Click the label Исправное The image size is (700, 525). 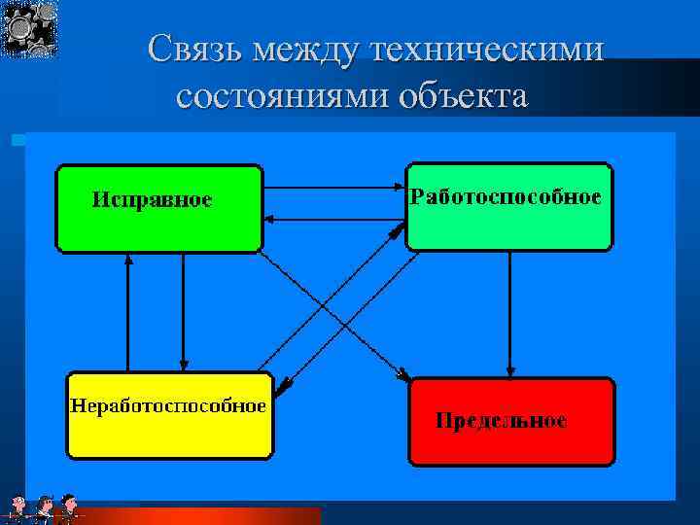(x=152, y=200)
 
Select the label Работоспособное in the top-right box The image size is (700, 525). (x=506, y=197)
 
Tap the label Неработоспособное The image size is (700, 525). (x=166, y=405)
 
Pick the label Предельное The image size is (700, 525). (x=501, y=421)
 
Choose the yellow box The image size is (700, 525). (x=169, y=437)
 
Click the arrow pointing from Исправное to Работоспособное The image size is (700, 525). (x=332, y=187)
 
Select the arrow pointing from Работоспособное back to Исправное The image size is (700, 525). (x=332, y=222)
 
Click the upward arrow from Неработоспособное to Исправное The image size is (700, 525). (x=128, y=311)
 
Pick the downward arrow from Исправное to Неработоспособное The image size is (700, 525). (x=183, y=311)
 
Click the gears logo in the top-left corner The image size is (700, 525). (x=29, y=28)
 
